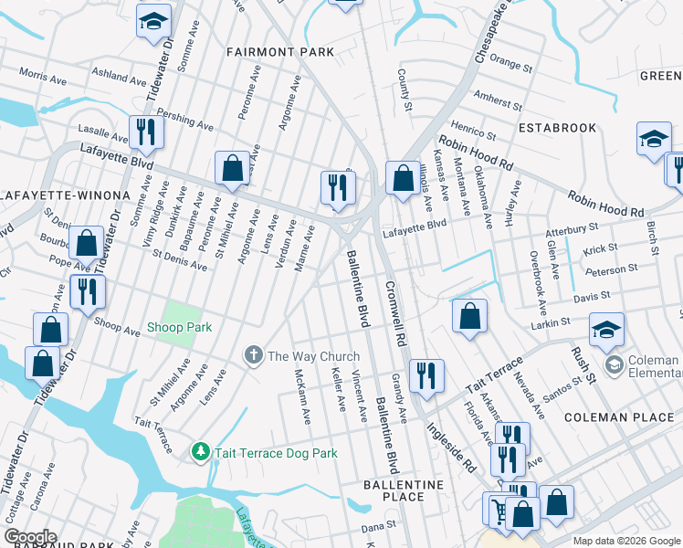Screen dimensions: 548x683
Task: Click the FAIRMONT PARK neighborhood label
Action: click(x=280, y=52)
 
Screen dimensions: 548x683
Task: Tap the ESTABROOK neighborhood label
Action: click(x=557, y=128)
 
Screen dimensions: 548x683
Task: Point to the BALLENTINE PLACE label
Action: click(x=403, y=490)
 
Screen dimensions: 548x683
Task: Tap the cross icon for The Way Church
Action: click(x=253, y=355)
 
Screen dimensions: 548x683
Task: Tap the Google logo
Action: click(x=30, y=536)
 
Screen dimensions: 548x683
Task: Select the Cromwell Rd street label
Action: click(x=394, y=310)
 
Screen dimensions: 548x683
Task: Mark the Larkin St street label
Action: click(x=551, y=322)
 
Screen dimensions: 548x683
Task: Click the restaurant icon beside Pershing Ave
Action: click(x=146, y=132)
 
